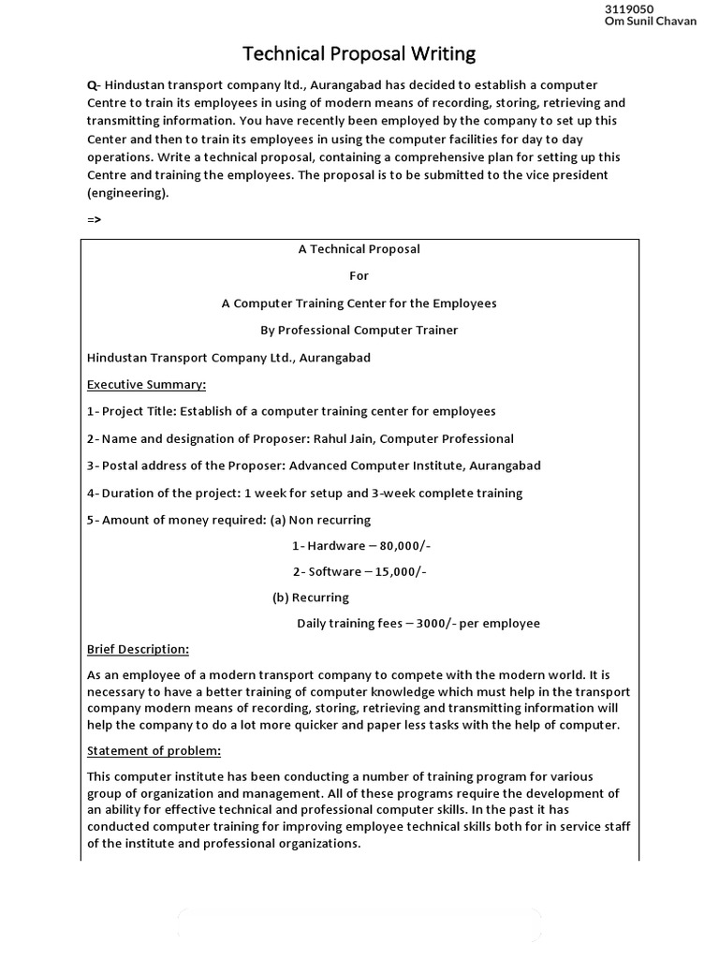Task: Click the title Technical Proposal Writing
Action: [x=359, y=52]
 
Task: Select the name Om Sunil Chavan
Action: [x=652, y=22]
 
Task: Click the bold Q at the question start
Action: [x=91, y=85]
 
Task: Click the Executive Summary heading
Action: [x=146, y=385]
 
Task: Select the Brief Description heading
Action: [x=138, y=649]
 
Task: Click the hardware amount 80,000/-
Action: [x=393, y=546]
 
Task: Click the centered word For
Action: [x=359, y=276]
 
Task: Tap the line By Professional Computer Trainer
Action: [x=359, y=331]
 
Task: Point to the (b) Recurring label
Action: [x=310, y=598]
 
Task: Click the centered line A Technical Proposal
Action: [x=359, y=249]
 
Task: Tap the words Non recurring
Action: [x=330, y=520]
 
